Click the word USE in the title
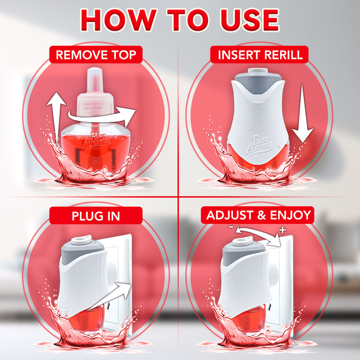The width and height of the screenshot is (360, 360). click(x=250, y=20)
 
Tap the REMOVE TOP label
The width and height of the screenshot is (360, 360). click(x=96, y=55)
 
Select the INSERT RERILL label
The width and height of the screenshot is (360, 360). click(x=259, y=55)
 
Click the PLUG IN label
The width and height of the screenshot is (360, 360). click(x=96, y=216)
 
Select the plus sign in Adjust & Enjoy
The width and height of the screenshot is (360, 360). click(x=283, y=229)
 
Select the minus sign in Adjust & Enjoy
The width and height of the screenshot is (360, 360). click(x=231, y=227)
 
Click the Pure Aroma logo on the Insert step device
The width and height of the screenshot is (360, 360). click(x=259, y=145)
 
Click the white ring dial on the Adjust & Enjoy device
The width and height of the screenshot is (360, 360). click(x=243, y=241)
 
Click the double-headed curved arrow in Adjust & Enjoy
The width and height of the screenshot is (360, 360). click(x=257, y=231)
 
